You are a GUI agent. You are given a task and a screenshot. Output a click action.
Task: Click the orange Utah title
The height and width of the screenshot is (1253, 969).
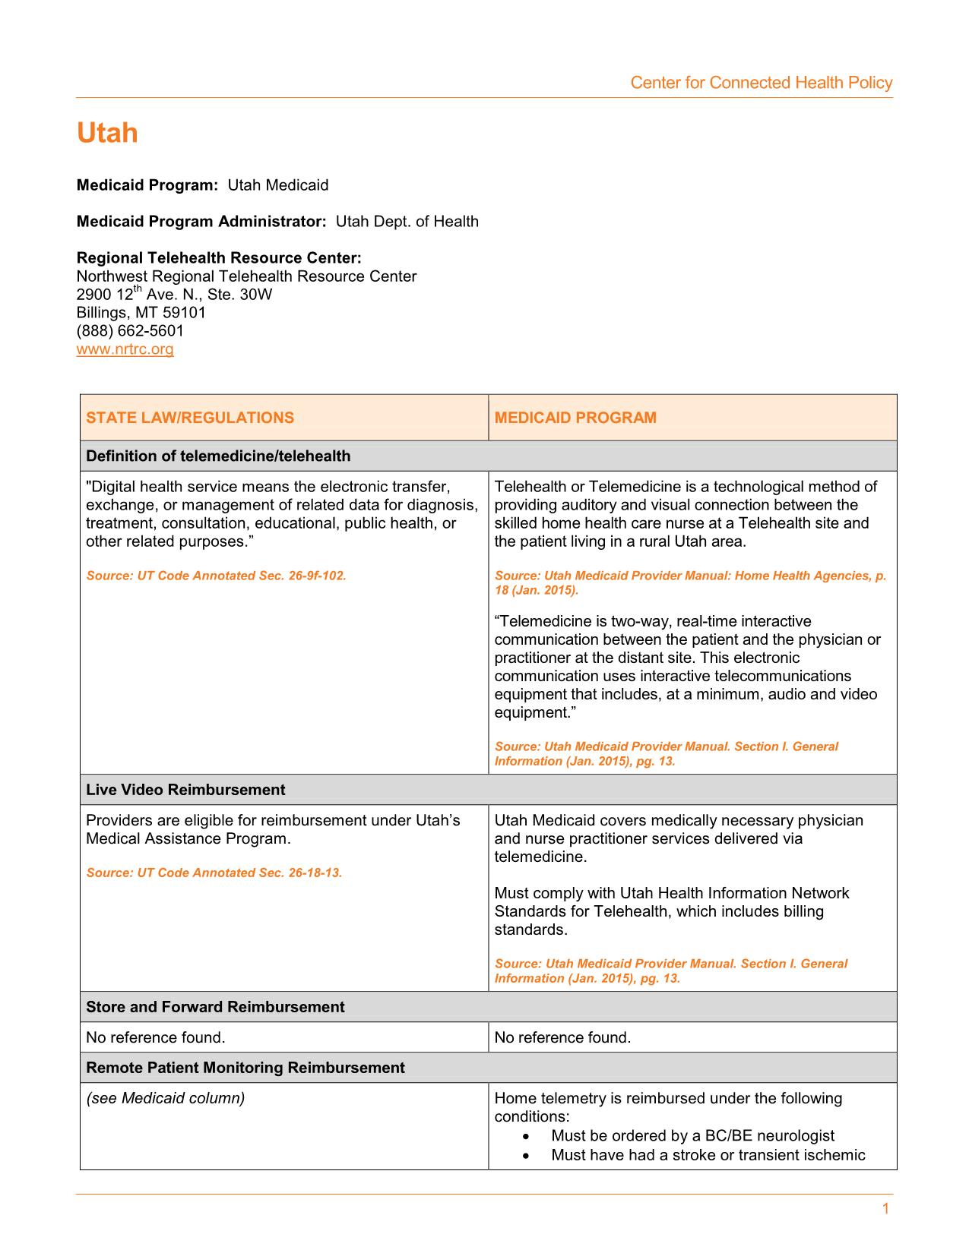pyautogui.click(x=107, y=134)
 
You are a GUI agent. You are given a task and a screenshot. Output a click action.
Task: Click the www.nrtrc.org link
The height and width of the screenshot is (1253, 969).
pyautogui.click(x=125, y=349)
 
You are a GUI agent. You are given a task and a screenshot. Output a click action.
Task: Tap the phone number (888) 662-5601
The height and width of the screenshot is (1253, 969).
pyautogui.click(x=130, y=331)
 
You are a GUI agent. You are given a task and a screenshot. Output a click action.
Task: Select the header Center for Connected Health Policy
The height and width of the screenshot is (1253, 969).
pyautogui.click(x=761, y=83)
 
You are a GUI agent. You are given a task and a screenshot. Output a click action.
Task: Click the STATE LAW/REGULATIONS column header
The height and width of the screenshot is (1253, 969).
pyautogui.click(x=190, y=418)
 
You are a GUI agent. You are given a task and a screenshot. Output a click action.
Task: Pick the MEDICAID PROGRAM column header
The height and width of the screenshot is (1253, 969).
pyautogui.click(x=575, y=418)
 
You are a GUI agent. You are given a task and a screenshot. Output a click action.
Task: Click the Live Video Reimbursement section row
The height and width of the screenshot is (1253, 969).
pyautogui.click(x=185, y=790)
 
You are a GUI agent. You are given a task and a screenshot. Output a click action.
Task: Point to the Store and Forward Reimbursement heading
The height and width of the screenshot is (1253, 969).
pyautogui.click(x=215, y=1007)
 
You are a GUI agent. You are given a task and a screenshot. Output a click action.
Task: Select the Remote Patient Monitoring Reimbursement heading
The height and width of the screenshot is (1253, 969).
pyautogui.click(x=245, y=1068)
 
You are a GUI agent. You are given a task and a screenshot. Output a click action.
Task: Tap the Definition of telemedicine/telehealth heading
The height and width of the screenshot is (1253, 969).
pyautogui.click(x=218, y=456)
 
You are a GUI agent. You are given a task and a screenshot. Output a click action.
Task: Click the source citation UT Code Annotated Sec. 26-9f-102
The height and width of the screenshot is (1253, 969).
pyautogui.click(x=216, y=576)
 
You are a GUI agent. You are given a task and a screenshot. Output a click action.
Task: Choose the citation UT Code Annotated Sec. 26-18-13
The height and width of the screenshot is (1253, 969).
pyautogui.click(x=214, y=873)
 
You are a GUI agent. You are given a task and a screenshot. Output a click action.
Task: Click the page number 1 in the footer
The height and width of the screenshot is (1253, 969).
pyautogui.click(x=885, y=1209)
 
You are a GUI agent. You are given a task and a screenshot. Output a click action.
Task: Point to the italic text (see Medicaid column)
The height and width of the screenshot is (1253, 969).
pyautogui.click(x=166, y=1098)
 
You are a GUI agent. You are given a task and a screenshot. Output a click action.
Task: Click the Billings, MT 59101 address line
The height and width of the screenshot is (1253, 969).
pyautogui.click(x=141, y=313)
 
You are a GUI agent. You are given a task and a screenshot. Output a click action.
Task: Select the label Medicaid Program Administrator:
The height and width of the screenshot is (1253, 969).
pyautogui.click(x=201, y=222)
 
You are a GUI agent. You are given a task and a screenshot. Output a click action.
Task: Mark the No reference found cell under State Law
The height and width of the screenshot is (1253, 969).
pyautogui.click(x=156, y=1037)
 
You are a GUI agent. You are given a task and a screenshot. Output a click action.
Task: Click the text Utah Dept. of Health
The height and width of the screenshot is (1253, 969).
pyautogui.click(x=407, y=222)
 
